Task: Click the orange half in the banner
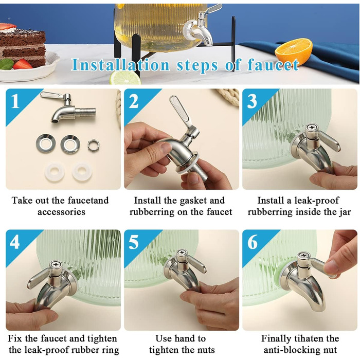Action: pyautogui.click(x=294, y=52)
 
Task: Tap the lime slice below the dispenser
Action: pyautogui.click(x=125, y=78)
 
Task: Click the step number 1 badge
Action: pyautogui.click(x=15, y=101)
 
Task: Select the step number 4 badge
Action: pyautogui.click(x=15, y=242)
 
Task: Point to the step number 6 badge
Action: pyautogui.click(x=253, y=242)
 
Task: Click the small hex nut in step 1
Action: pyautogui.click(x=93, y=145)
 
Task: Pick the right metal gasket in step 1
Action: pyautogui.click(x=70, y=144)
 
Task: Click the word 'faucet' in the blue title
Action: pyautogui.click(x=273, y=65)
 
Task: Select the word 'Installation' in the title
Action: pyautogui.click(x=121, y=65)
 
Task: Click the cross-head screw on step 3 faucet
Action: pyautogui.click(x=312, y=128)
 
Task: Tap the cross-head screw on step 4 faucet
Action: pyautogui.click(x=56, y=264)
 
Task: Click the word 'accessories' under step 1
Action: pyautogui.click(x=61, y=212)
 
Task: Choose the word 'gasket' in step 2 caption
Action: pyautogui.click(x=193, y=201)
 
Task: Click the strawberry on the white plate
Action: pyautogui.click(x=23, y=64)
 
